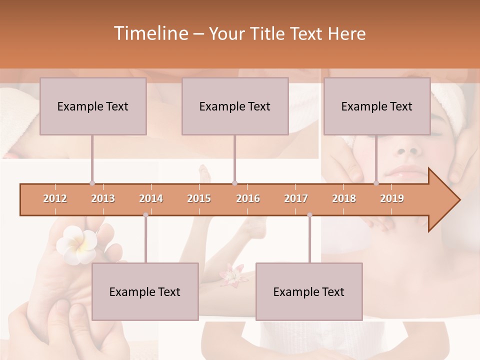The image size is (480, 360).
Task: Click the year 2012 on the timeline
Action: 55,198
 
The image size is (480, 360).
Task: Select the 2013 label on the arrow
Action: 103,198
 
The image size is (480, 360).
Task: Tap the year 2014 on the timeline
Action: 151,198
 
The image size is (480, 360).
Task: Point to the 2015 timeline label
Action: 199,198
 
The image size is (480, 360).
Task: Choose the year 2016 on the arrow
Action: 248,198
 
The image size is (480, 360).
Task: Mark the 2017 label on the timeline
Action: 296,198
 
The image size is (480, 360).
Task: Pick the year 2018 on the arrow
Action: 344,198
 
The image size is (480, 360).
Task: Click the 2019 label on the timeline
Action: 392,198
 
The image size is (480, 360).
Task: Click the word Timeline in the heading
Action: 150,33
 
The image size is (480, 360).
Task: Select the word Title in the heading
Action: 268,33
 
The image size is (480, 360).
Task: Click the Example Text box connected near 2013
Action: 93,106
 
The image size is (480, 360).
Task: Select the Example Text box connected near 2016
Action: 235,106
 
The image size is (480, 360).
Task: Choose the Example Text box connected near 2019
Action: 377,106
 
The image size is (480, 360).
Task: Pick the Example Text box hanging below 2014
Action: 145,291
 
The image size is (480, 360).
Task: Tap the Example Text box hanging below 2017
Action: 309,291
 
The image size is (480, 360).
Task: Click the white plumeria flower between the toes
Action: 75,242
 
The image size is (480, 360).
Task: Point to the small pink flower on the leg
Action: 231,275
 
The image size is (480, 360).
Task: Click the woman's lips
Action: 404,171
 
